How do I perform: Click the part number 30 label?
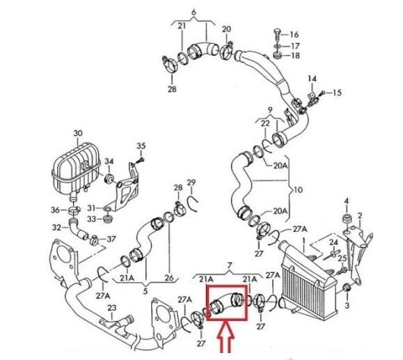[x=78, y=133]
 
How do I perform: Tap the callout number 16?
[x=294, y=34]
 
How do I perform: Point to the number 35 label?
[x=141, y=146]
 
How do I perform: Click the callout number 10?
[x=298, y=190]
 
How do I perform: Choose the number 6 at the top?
[x=193, y=12]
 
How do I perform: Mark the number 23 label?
[x=111, y=308]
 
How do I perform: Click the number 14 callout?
[x=312, y=79]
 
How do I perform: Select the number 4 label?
[x=347, y=201]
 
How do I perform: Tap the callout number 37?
[x=111, y=240]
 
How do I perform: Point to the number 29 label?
[x=191, y=182]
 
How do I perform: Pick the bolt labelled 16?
[x=277, y=36]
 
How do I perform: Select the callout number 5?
[x=145, y=291]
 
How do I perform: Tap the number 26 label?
[x=169, y=278]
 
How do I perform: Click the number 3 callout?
[x=347, y=306]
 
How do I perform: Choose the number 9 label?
[x=270, y=110]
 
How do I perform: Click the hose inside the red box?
[x=226, y=303]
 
